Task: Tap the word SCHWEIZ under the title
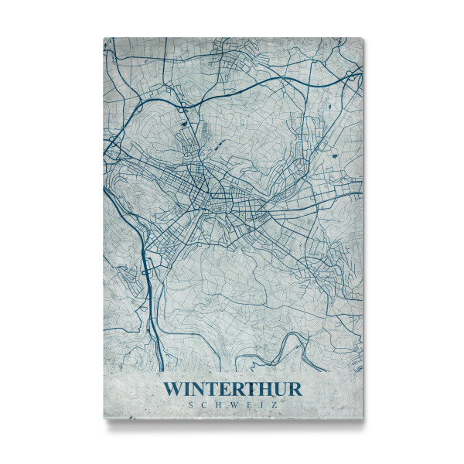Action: tap(233, 404)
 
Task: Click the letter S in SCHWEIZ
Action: tap(190, 404)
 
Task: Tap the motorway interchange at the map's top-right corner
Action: tap(352, 73)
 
